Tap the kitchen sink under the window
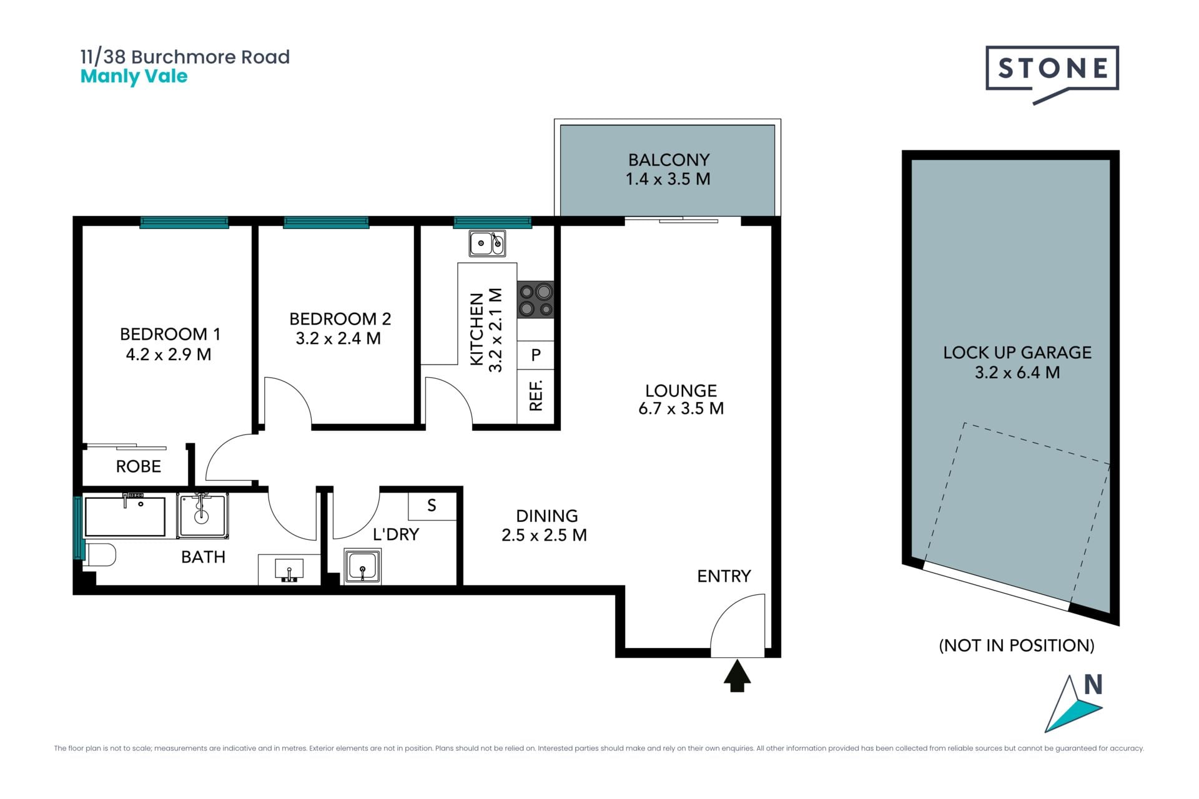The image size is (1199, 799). [487, 243]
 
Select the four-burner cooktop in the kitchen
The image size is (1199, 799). [536, 300]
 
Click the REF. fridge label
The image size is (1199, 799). [536, 395]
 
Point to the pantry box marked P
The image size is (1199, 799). [536, 355]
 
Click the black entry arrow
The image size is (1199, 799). [737, 676]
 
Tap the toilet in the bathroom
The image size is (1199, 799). [100, 555]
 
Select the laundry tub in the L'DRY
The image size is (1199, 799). [363, 567]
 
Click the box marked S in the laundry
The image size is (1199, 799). [432, 506]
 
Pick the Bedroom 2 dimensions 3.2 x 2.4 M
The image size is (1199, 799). [338, 338]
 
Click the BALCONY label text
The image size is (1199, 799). [669, 160]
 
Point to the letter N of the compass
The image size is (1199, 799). [1093, 685]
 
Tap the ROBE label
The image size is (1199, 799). [139, 466]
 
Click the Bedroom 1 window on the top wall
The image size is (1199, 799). [184, 222]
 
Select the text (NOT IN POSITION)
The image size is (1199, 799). [1017, 645]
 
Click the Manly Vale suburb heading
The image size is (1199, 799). [134, 76]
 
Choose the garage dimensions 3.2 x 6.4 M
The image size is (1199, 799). [1017, 373]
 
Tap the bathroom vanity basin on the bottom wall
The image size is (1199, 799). [289, 570]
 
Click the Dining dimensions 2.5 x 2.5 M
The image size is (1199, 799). [544, 535]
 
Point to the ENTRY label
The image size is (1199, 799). [724, 576]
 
